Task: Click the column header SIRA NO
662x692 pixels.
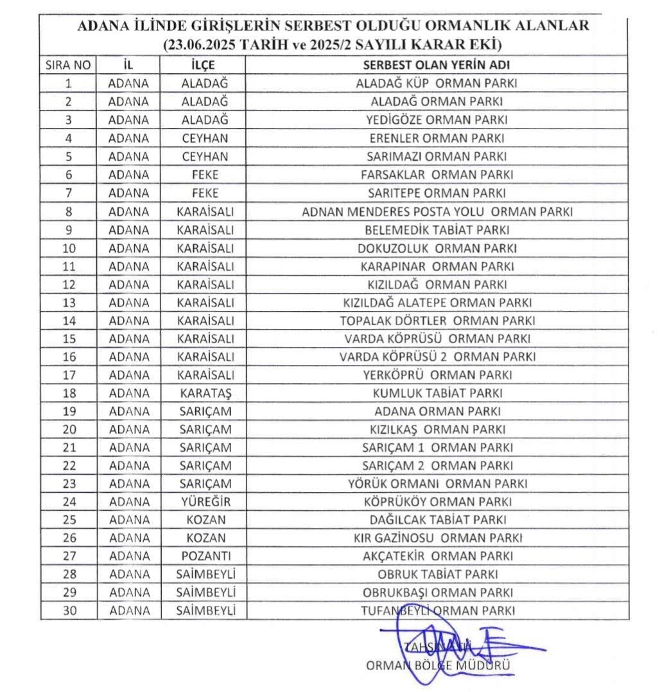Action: click(69, 66)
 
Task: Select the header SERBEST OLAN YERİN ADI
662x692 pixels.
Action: click(437, 66)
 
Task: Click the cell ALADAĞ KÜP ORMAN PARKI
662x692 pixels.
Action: click(437, 84)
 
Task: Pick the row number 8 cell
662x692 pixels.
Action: click(69, 211)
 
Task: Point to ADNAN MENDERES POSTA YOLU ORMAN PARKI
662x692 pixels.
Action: click(437, 211)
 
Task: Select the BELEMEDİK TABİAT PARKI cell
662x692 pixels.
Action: click(437, 229)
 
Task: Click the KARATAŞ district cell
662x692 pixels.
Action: click(204, 393)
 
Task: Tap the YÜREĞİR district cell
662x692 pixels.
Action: click(204, 502)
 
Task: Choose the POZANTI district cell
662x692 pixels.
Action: click(204, 556)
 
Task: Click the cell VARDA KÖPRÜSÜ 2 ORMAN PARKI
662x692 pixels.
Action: click(437, 357)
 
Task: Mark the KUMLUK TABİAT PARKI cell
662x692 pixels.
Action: click(437, 393)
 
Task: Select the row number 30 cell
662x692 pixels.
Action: click(69, 611)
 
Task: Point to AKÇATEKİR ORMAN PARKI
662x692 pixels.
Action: click(437, 556)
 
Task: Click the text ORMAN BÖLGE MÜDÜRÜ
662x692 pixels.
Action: click(438, 666)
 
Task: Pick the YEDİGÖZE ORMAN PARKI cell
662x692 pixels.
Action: click(437, 120)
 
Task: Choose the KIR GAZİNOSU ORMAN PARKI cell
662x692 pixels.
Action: click(437, 538)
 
